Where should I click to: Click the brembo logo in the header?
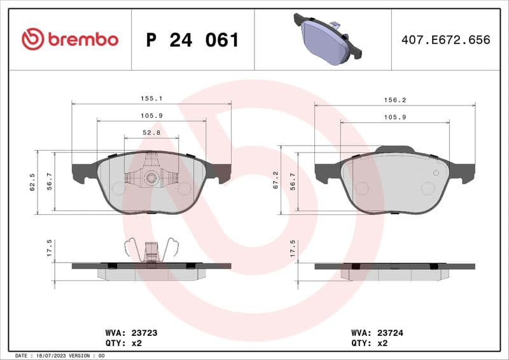[x=70, y=39]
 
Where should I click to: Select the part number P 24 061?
[x=192, y=40]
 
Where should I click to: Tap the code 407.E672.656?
[x=445, y=40]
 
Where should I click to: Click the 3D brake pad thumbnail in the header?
[x=323, y=40]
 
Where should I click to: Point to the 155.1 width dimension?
[x=151, y=99]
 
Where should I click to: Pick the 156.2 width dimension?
[x=394, y=100]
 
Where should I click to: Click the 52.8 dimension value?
[x=151, y=132]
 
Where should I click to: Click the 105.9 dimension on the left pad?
[x=151, y=115]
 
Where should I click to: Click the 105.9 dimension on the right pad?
[x=394, y=117]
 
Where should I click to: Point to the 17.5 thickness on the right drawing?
[x=293, y=247]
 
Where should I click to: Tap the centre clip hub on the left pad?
[x=151, y=177]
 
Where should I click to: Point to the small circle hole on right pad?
[x=436, y=173]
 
